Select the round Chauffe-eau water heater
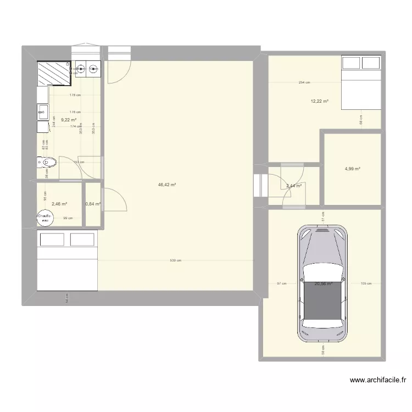(x=45, y=219)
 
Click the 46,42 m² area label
(x=166, y=185)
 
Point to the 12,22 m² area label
(x=319, y=101)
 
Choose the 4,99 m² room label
(x=352, y=169)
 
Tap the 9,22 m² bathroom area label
(x=68, y=120)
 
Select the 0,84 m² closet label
(x=93, y=204)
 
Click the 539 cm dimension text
(x=176, y=261)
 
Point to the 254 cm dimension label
(x=304, y=83)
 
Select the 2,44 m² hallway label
(x=293, y=186)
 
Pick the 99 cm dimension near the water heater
(x=68, y=219)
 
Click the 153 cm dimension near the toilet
(x=79, y=162)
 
